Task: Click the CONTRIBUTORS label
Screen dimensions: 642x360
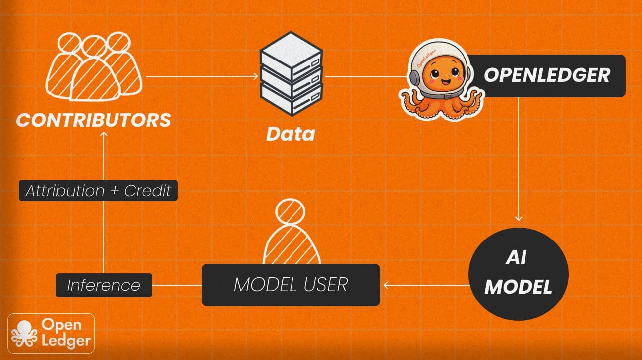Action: pos(94,120)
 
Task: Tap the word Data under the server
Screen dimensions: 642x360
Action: pos(291,133)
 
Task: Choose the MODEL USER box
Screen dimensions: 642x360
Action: pos(291,285)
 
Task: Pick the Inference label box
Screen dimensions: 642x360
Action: pos(103,285)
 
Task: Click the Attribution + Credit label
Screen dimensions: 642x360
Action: pos(98,191)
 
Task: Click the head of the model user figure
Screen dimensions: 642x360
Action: pos(291,212)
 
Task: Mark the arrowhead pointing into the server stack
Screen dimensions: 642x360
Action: pos(256,76)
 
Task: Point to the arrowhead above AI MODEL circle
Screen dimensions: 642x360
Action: pos(519,219)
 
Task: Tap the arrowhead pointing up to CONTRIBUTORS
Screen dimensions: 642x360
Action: pos(103,135)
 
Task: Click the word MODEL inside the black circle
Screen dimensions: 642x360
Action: pos(518,287)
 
